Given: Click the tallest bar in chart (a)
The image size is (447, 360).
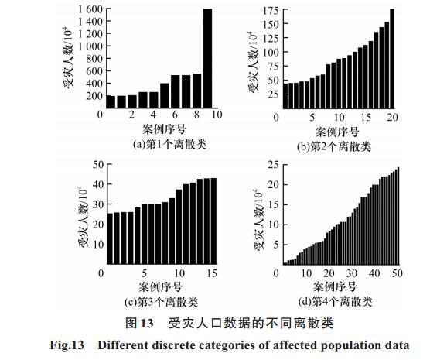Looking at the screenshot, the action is tap(207, 58).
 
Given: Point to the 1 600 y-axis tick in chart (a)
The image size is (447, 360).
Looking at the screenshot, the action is tap(90, 9).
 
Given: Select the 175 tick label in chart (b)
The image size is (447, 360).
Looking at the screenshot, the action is tap(271, 11).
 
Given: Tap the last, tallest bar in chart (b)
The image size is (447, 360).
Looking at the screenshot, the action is tap(392, 59).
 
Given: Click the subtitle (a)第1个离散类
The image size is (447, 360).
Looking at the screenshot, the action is tap(169, 145).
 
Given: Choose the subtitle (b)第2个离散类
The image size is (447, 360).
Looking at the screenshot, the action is tap(334, 147).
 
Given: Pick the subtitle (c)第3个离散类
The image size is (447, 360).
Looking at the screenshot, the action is tap(162, 302).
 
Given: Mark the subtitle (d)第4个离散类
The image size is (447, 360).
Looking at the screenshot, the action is tap(336, 301).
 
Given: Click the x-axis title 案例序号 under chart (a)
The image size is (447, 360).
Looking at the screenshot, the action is tap(164, 129).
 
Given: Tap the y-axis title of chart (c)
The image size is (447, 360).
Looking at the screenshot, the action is tap(83, 217).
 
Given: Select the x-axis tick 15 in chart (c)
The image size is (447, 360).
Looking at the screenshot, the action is tap(212, 273).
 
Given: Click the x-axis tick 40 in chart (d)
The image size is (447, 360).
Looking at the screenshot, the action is tap(374, 273).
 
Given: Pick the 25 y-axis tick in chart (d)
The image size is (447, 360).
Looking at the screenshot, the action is tap(273, 165).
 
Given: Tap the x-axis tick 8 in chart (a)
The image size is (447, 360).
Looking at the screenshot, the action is tap(196, 115).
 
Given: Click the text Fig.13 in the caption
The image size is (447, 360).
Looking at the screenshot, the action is tap(67, 345).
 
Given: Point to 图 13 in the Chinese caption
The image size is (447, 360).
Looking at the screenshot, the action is tap(139, 324).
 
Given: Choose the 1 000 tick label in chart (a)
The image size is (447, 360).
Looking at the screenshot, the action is tap(90, 46).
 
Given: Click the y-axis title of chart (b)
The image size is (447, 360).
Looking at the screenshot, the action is tap(254, 62).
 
